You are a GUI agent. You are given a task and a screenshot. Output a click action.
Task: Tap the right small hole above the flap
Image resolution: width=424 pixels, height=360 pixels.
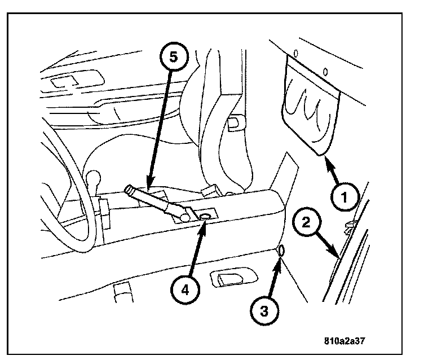(x=326, y=71)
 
